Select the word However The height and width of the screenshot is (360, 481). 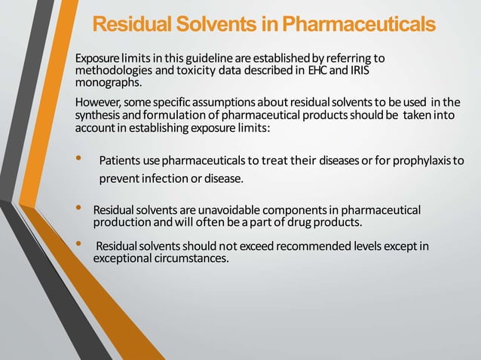point(97,102)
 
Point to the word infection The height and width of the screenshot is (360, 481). point(165,179)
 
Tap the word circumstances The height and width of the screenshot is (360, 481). point(188,258)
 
